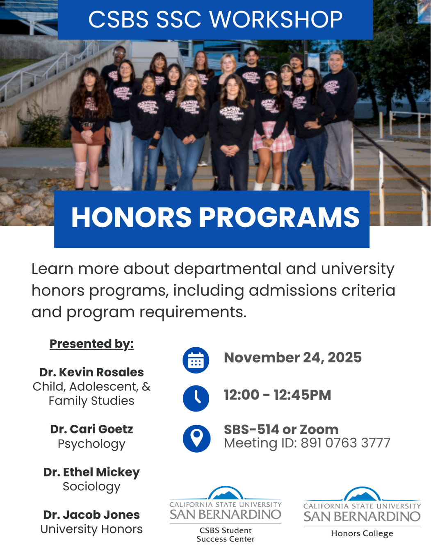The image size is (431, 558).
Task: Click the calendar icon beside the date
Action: [196, 360]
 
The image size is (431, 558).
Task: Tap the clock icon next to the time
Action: [196, 398]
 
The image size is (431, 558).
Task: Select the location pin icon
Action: [196, 438]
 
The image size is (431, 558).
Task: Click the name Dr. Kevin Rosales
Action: [91, 372]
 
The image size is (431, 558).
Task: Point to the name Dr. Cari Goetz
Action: [91, 429]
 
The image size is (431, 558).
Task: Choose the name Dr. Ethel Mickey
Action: [91, 472]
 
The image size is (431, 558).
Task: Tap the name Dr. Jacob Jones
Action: [91, 515]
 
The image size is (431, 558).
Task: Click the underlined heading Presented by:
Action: [91, 344]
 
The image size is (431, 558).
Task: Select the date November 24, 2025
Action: [293, 358]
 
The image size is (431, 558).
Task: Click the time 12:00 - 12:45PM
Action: [277, 395]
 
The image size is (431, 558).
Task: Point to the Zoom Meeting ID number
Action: [345, 443]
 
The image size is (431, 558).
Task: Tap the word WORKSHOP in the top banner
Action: [276, 19]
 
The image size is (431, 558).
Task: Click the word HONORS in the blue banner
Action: [131, 217]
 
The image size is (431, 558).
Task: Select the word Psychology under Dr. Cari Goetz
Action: [91, 444]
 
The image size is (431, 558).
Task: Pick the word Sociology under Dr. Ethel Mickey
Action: [91, 487]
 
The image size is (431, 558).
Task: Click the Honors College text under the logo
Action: [362, 533]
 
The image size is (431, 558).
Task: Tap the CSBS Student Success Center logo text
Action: [225, 535]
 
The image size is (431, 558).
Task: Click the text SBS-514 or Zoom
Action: [281, 429]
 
